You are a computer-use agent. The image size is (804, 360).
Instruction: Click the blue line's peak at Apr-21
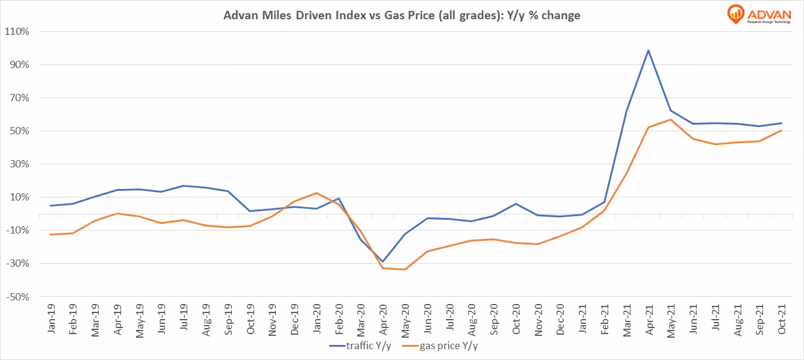pyautogui.click(x=648, y=50)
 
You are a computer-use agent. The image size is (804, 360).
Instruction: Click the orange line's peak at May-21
pyautogui.click(x=670, y=119)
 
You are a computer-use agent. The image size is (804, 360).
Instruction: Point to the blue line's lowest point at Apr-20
pyautogui.click(x=382, y=262)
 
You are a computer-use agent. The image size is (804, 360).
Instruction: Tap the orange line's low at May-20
pyautogui.click(x=405, y=269)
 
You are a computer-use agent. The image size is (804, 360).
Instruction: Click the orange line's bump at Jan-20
pyautogui.click(x=316, y=193)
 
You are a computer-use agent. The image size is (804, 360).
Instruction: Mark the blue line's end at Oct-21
pyautogui.click(x=782, y=123)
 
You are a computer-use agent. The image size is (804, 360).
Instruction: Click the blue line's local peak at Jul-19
pyautogui.click(x=183, y=185)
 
